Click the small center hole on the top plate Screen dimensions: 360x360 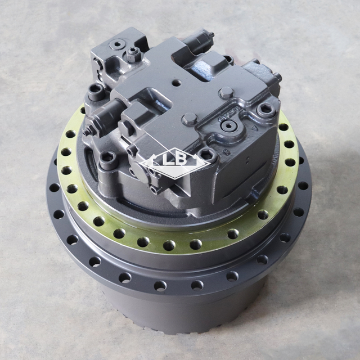pos(176,83)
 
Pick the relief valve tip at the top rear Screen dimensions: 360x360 pos(210,35)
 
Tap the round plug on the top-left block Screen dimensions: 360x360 pos(118,44)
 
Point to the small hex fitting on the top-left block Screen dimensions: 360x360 pos(132,55)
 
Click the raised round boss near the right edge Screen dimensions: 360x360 pos(227,93)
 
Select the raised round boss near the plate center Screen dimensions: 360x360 pos(190,119)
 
